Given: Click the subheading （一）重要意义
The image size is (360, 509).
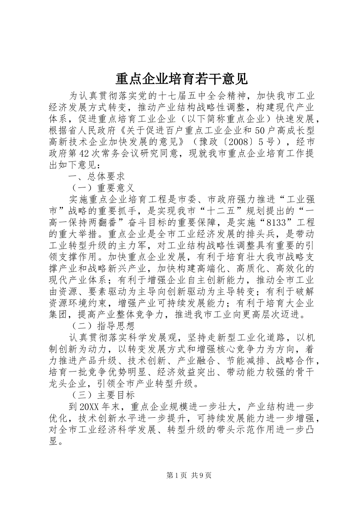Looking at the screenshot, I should click(x=103, y=188).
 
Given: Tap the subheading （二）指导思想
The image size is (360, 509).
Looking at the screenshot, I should click(x=103, y=326).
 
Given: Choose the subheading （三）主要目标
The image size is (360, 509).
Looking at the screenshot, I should click(x=103, y=395).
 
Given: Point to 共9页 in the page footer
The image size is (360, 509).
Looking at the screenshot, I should click(x=201, y=475).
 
